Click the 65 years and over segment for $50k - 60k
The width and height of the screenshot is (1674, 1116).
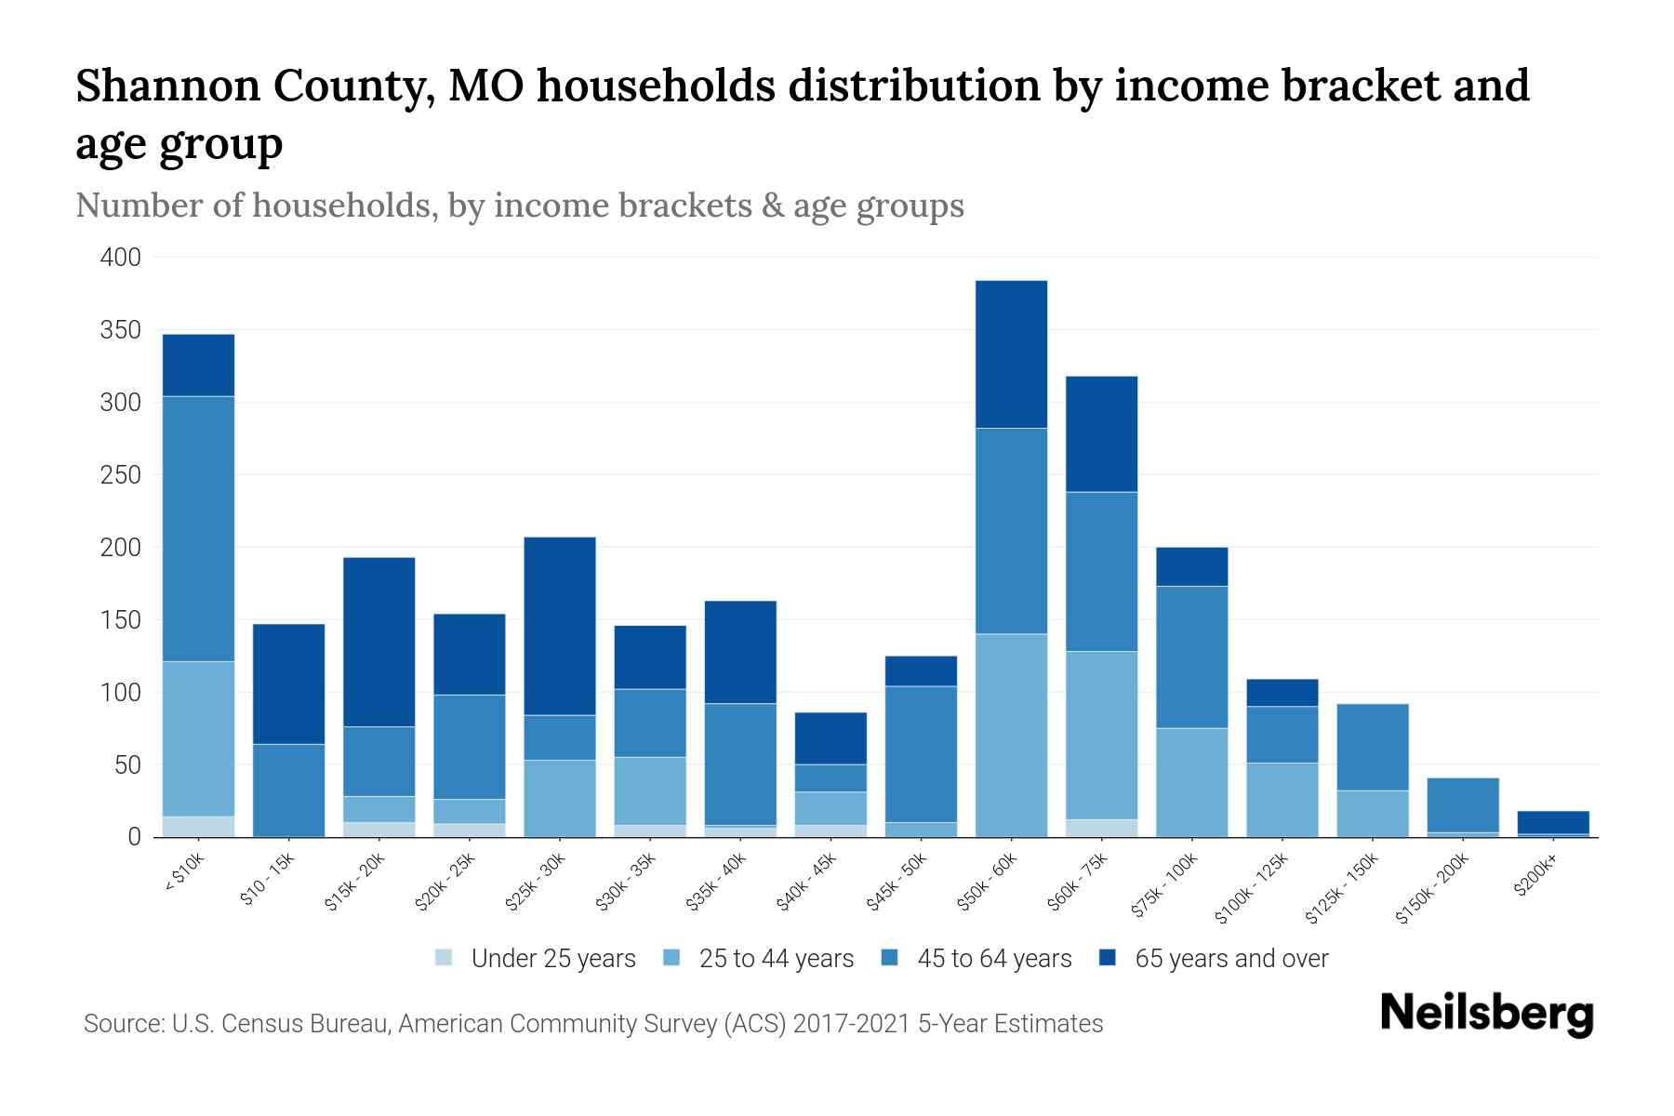(x=1011, y=354)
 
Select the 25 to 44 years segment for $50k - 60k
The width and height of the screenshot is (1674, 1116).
(x=1011, y=735)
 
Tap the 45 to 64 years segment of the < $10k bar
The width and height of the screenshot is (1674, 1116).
(x=198, y=528)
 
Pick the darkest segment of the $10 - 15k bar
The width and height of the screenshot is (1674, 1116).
(x=288, y=684)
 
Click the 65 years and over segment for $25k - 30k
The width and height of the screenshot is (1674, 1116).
(x=560, y=626)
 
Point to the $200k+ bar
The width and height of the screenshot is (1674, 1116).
(x=1553, y=823)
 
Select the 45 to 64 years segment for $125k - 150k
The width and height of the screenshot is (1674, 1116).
(x=1373, y=747)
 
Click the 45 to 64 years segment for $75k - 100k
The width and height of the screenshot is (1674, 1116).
(x=1191, y=657)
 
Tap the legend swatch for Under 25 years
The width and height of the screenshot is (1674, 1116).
(x=445, y=958)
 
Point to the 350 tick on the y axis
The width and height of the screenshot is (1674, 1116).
(x=121, y=330)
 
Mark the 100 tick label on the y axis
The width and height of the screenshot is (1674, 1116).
(x=121, y=693)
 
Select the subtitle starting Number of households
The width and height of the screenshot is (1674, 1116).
(x=519, y=205)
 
